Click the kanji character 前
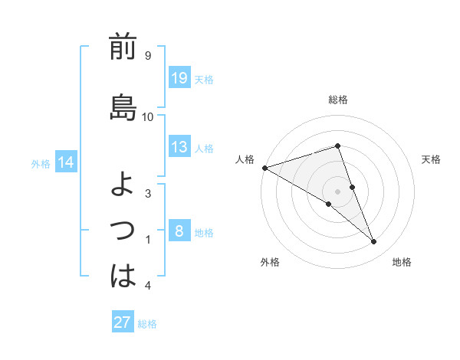click(x=123, y=47)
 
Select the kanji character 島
click(x=123, y=106)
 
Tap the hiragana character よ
click(x=123, y=185)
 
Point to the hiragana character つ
click(x=123, y=229)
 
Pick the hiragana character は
click(x=123, y=276)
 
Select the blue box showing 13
click(x=179, y=147)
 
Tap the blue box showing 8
click(x=179, y=231)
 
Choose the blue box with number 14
click(x=66, y=162)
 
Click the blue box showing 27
click(x=123, y=322)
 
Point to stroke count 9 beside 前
click(x=147, y=56)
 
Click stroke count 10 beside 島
click(x=148, y=116)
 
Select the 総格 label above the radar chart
click(x=338, y=100)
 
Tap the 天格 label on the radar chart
click(x=432, y=159)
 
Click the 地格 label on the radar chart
click(x=402, y=262)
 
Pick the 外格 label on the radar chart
click(x=270, y=262)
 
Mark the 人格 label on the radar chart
click(x=245, y=159)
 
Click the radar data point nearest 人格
click(x=264, y=167)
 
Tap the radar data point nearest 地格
click(x=374, y=242)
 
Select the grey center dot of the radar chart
click(x=338, y=191)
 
